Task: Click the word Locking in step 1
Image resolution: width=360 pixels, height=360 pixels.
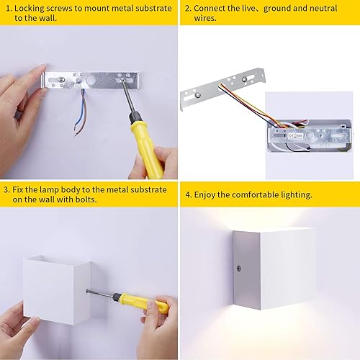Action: (x=31, y=8)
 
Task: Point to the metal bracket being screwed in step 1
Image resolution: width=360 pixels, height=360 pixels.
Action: (x=94, y=78)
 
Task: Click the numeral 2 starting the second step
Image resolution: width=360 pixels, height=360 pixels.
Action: (x=187, y=8)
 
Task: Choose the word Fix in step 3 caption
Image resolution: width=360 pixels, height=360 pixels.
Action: (x=19, y=189)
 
